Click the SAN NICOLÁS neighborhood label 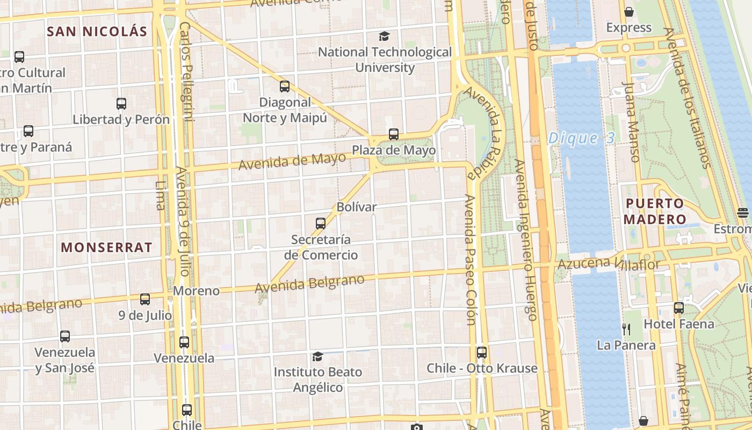(x=97, y=31)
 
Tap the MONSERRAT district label (x=106, y=247)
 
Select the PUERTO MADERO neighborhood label (x=655, y=211)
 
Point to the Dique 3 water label (x=581, y=138)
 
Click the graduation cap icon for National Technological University (x=384, y=37)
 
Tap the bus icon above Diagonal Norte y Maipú (x=285, y=86)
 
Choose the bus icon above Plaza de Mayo (x=394, y=134)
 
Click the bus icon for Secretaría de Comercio (x=321, y=223)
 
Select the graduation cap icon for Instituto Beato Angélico (x=317, y=356)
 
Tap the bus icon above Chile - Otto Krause (x=482, y=353)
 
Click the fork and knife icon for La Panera (x=626, y=328)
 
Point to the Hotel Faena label (x=679, y=324)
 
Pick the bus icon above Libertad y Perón (x=121, y=104)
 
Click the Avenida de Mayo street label (x=292, y=161)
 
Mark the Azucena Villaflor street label (x=609, y=263)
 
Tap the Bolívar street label (x=357, y=207)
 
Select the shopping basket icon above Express (x=628, y=12)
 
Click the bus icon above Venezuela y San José (x=65, y=336)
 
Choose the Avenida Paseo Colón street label (x=470, y=260)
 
